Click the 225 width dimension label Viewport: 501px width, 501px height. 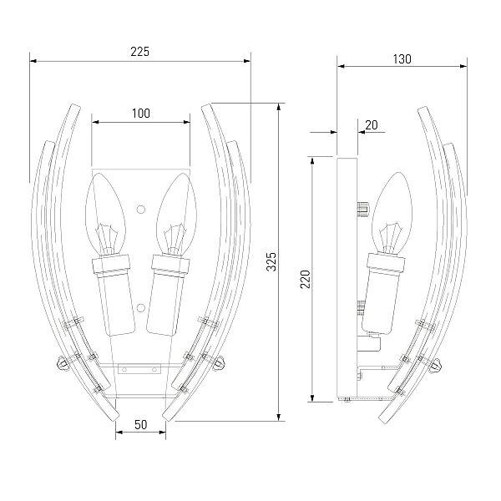pyautogui.click(x=140, y=52)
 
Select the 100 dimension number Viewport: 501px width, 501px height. pyautogui.click(x=141, y=113)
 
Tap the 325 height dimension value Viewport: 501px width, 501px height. pyautogui.click(x=271, y=261)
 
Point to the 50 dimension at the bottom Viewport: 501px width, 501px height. pyautogui.click(x=140, y=425)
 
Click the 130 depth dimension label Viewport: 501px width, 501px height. pyautogui.click(x=402, y=59)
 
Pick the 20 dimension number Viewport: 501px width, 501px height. pyautogui.click(x=372, y=125)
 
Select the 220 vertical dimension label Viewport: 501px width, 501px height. pyautogui.click(x=306, y=279)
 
